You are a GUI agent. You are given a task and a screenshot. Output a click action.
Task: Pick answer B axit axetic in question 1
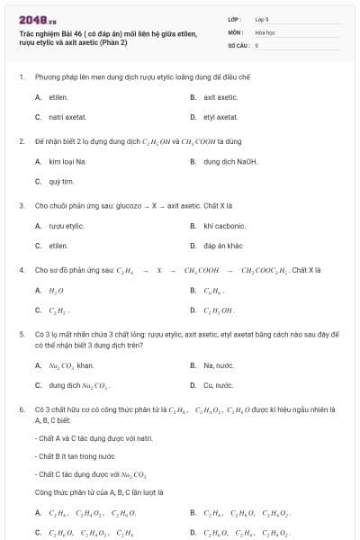click(x=220, y=97)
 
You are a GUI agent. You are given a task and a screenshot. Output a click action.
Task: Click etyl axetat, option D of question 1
click(x=220, y=117)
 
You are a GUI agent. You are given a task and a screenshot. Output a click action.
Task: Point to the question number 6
click(x=21, y=410)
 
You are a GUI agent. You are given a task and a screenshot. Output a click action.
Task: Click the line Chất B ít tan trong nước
click(x=72, y=456)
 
